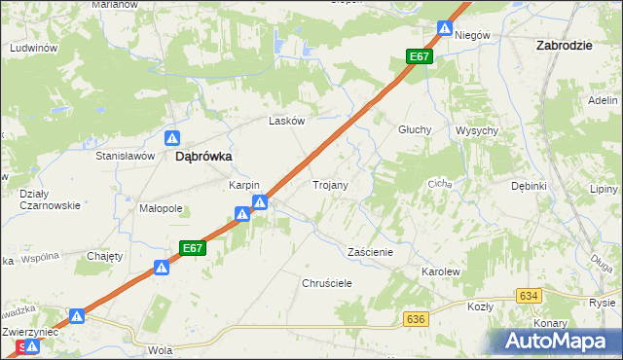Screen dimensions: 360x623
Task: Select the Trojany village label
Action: point(331,184)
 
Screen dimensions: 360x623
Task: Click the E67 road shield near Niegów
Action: point(420,57)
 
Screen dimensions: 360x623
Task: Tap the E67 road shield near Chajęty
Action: point(192,249)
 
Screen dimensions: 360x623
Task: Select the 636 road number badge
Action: point(417,319)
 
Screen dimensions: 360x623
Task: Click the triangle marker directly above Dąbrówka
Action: point(172,138)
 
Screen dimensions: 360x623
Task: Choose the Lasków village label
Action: point(287,122)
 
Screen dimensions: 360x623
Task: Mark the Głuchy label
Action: point(415,129)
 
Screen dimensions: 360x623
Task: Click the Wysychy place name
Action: point(477,130)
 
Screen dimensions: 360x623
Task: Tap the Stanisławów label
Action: point(126,156)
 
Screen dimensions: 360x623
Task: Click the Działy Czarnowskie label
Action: point(49,198)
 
